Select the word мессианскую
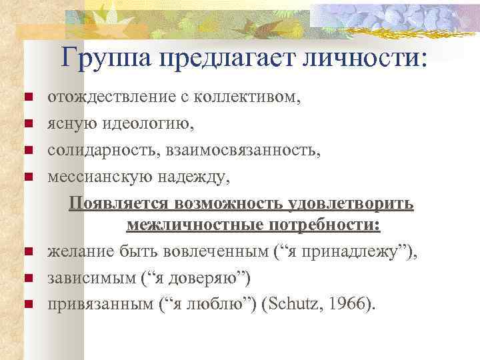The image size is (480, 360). [100, 176]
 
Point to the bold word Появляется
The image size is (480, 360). [119, 202]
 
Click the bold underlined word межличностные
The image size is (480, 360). [190, 227]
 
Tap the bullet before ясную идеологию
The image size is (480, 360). [29, 124]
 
